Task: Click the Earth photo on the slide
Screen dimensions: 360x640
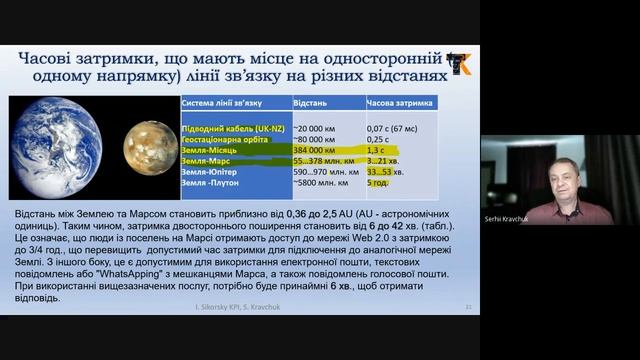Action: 62,147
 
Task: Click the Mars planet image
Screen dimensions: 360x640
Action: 150,148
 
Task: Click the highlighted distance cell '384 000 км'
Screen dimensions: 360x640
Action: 314,150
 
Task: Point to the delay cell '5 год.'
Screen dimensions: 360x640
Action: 379,183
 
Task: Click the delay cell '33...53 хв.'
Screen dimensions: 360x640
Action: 386,172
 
